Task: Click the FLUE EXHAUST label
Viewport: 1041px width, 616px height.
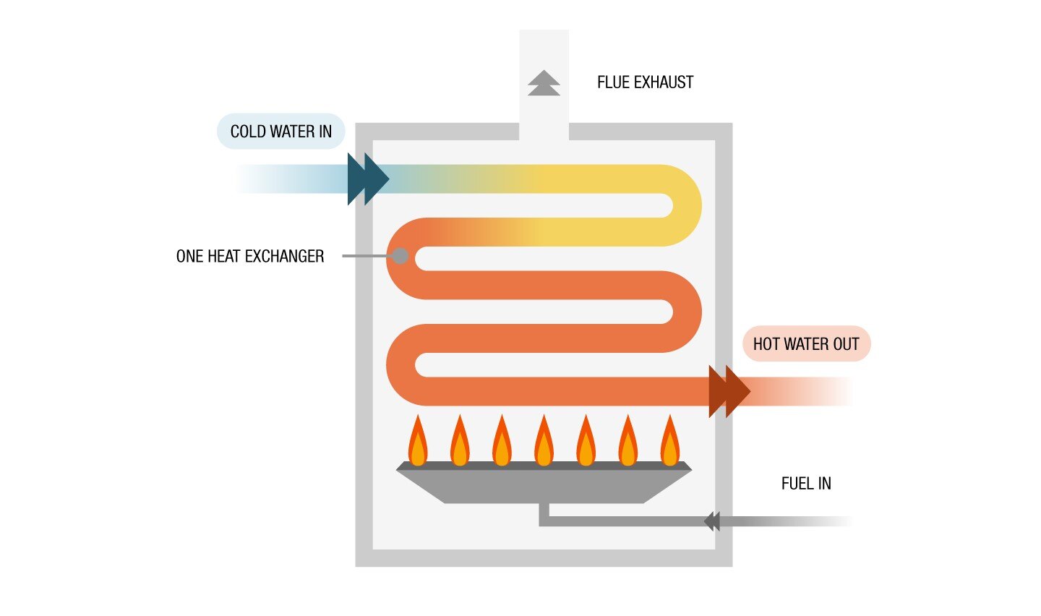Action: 645,82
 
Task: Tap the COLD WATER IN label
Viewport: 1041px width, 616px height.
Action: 280,132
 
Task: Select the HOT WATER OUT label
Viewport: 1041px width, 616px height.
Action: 806,344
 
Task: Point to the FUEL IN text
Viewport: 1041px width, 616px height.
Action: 806,484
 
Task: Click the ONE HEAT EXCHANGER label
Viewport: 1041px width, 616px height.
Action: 250,256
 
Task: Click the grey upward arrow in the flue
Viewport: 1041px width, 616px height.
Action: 544,83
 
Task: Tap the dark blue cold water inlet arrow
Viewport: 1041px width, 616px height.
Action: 367,179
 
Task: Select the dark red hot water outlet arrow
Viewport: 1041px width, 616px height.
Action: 728,391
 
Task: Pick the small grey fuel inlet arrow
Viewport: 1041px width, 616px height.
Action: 712,521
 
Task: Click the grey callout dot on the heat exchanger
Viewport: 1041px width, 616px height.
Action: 400,256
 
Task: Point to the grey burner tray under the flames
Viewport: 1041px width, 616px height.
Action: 544,485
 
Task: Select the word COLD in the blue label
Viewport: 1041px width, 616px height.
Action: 248,132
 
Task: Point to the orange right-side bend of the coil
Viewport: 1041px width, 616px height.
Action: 685,312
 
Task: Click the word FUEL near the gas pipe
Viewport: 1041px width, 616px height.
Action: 797,484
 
